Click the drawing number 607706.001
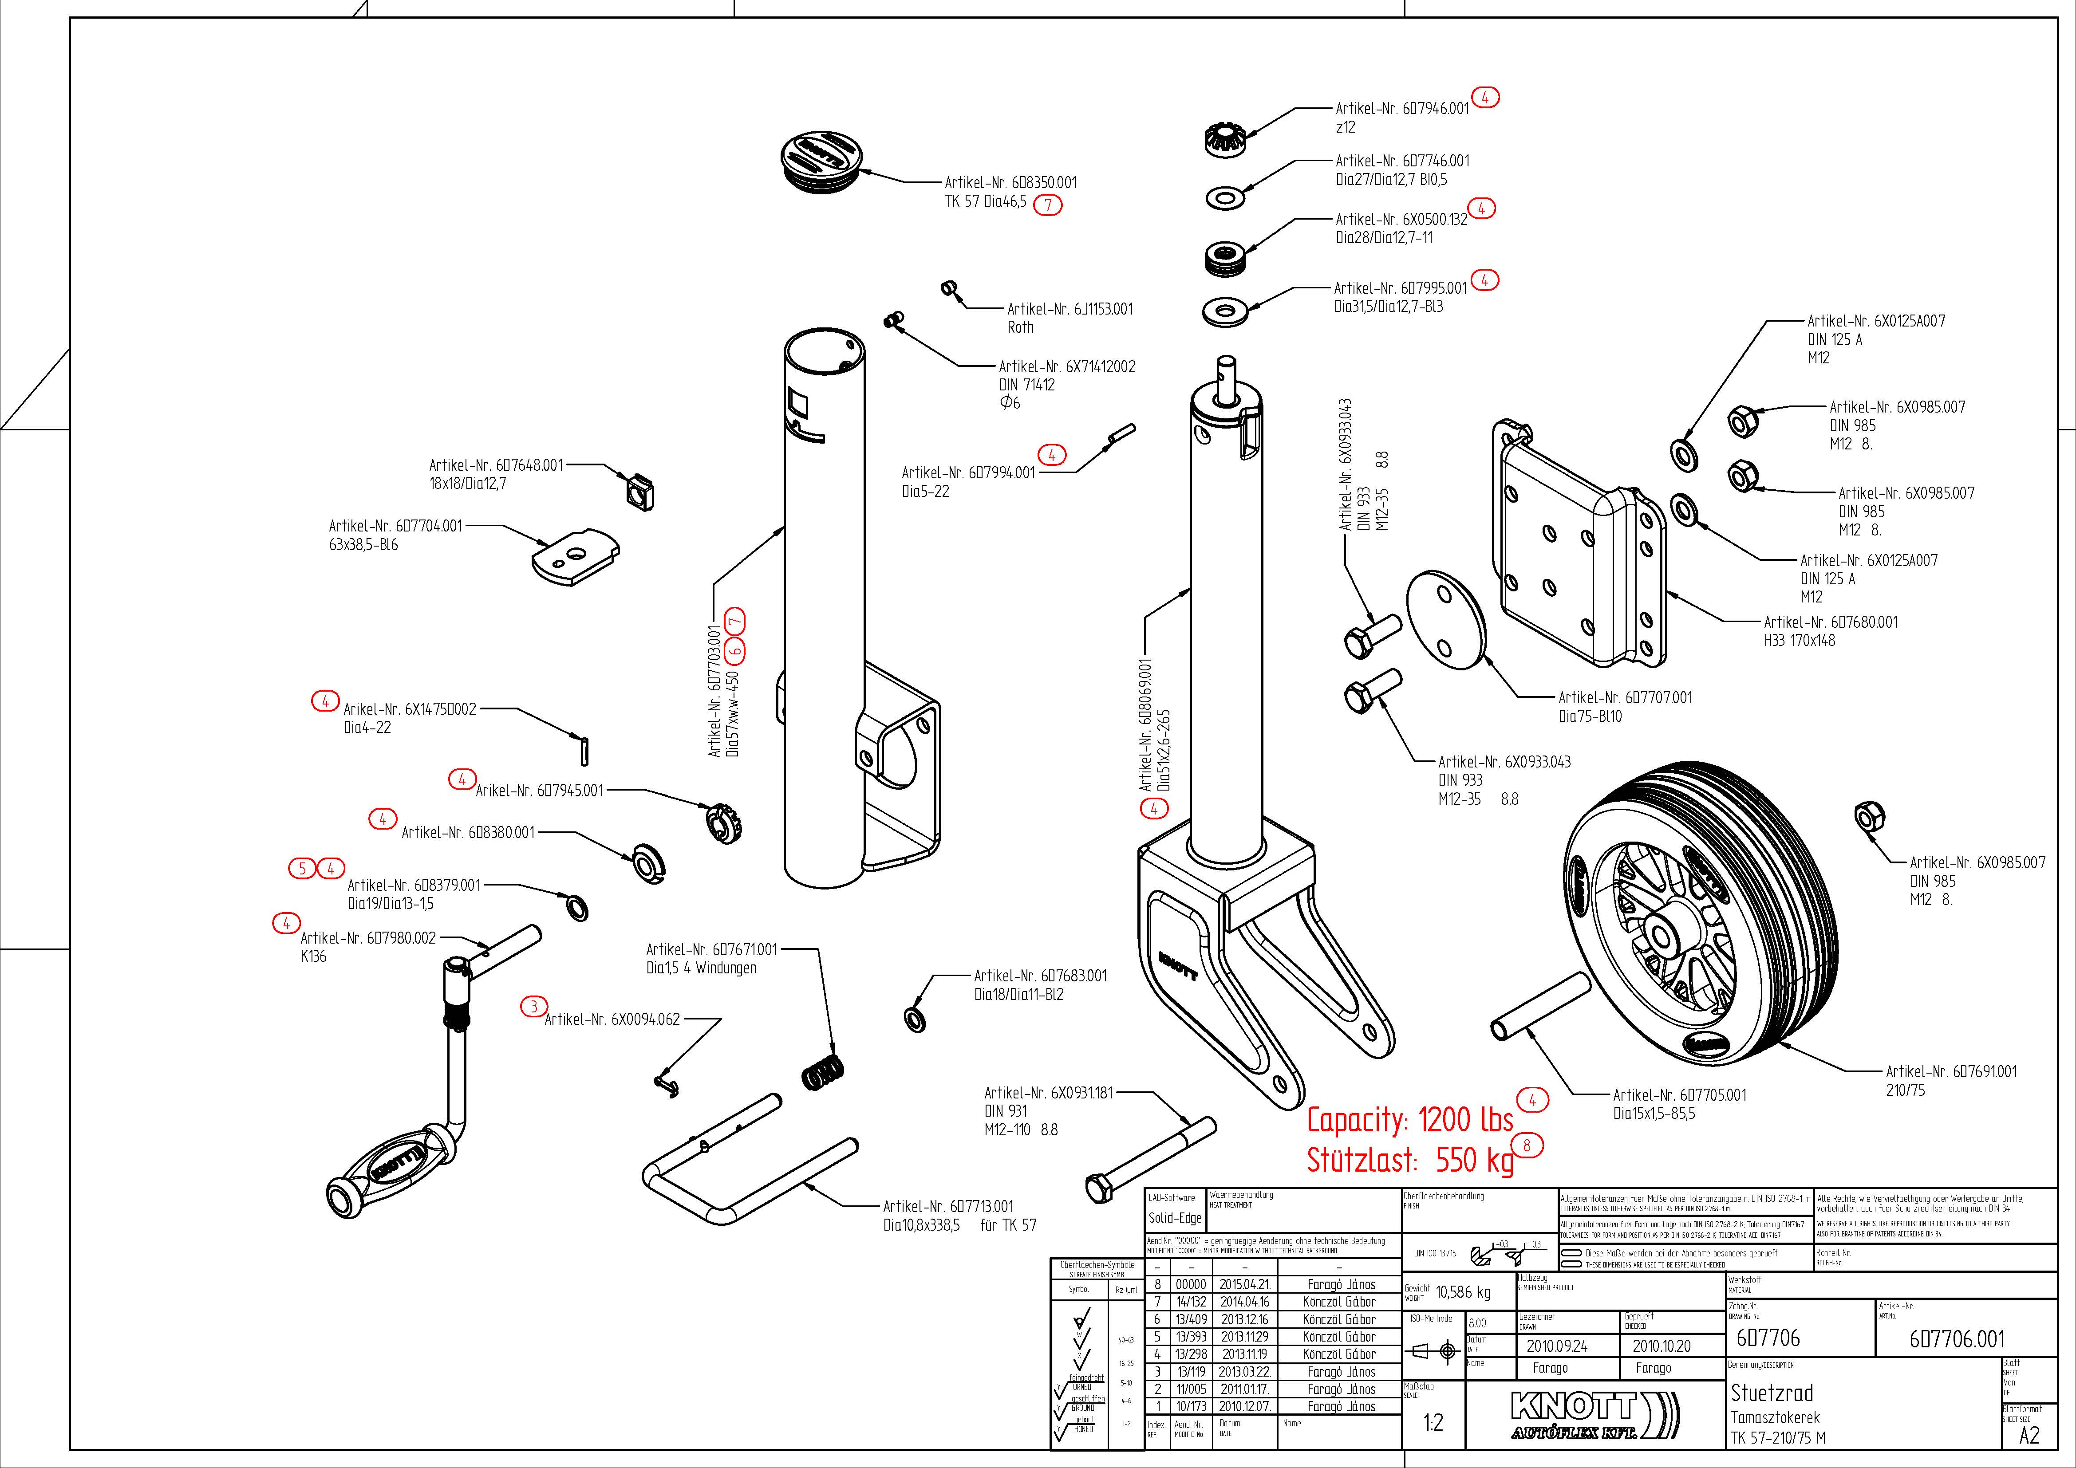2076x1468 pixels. [1957, 1339]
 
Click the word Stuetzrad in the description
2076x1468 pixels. [1771, 1393]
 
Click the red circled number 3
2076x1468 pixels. [533, 1006]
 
